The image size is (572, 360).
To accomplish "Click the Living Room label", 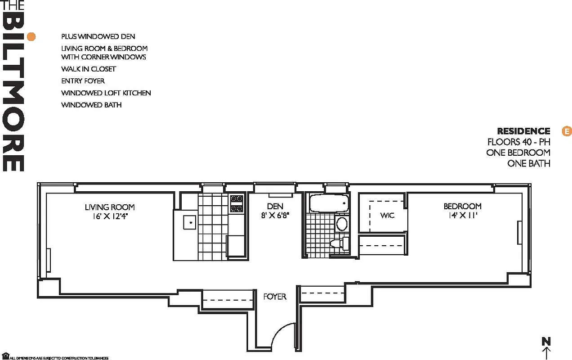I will (110, 207).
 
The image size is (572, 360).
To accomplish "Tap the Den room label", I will (275, 206).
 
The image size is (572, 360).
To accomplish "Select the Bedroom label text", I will (462, 206).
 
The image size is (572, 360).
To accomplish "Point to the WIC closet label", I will (387, 216).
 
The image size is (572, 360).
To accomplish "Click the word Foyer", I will (275, 297).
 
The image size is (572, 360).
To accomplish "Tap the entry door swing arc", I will (283, 335).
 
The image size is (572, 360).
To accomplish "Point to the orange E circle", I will (567, 131).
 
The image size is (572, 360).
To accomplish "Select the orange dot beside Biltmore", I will (31, 37).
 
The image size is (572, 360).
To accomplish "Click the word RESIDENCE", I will (523, 131).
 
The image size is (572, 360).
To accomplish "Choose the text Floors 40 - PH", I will (518, 142).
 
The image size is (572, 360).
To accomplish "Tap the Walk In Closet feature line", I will (89, 69).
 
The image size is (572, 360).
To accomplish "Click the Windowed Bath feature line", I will (91, 105).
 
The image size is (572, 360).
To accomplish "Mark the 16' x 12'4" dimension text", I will (110, 216).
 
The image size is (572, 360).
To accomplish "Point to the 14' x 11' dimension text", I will (462, 215).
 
